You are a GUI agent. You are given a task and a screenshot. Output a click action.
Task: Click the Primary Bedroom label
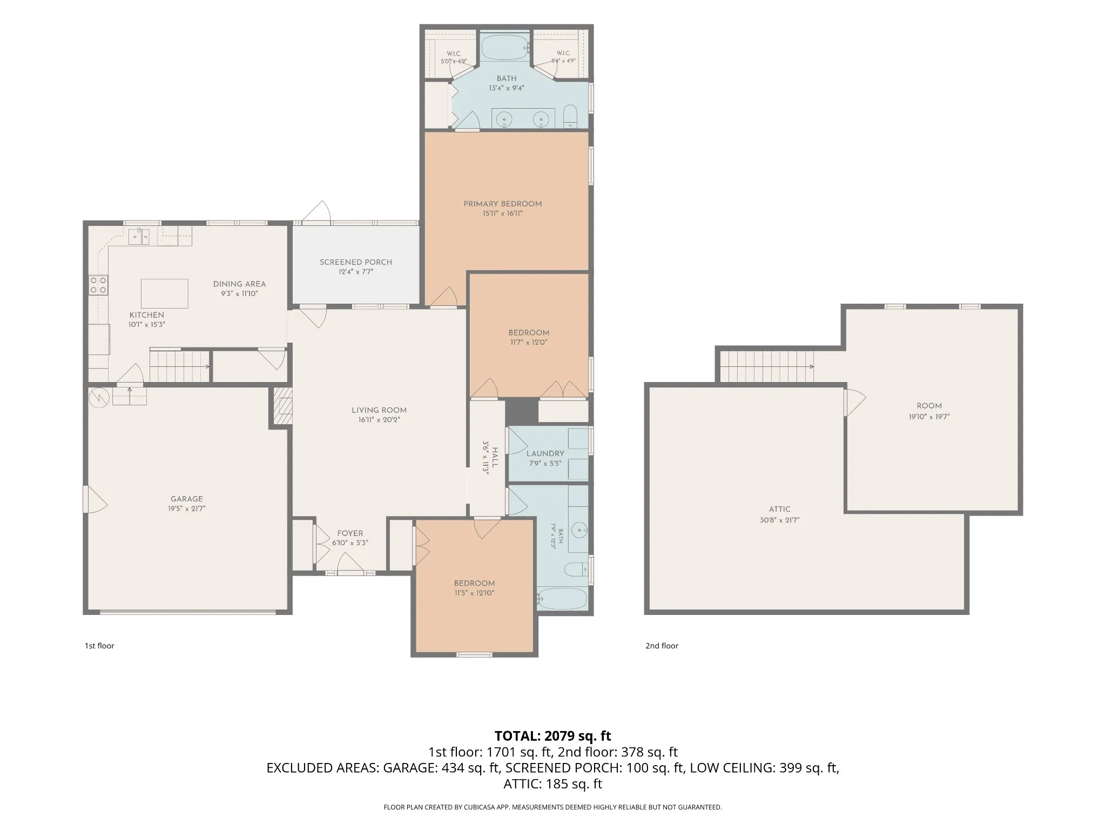tap(502, 204)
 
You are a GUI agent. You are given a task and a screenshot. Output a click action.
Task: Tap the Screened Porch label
tap(356, 262)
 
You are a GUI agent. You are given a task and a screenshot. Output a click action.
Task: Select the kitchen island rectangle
tap(165, 293)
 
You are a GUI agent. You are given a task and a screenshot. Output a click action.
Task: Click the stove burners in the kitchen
tap(98, 285)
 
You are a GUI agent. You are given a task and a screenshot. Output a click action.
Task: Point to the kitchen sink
tap(139, 237)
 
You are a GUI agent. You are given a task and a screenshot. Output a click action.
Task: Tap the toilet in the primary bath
tap(570, 116)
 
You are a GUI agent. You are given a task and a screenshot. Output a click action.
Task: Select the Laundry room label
tap(545, 453)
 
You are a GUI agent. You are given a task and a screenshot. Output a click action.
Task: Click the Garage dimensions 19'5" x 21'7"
tap(187, 508)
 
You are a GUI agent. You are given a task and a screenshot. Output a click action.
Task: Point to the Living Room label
tap(379, 410)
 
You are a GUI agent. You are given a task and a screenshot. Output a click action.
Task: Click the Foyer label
tap(350, 533)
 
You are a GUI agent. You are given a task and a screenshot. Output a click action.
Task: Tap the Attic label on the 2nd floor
tap(780, 509)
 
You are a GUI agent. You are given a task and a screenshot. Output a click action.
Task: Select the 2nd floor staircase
tap(767, 366)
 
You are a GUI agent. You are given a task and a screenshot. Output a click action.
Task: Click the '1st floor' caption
tap(99, 646)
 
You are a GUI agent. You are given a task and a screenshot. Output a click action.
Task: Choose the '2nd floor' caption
tap(662, 646)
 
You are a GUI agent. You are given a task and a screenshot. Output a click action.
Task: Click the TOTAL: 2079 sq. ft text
tap(553, 736)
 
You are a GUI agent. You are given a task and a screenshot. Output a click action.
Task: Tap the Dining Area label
tap(239, 284)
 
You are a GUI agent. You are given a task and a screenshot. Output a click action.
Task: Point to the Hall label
tap(495, 457)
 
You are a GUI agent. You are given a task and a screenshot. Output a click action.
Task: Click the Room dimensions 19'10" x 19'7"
tap(929, 417)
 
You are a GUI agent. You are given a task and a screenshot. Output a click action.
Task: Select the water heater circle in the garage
tap(99, 397)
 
